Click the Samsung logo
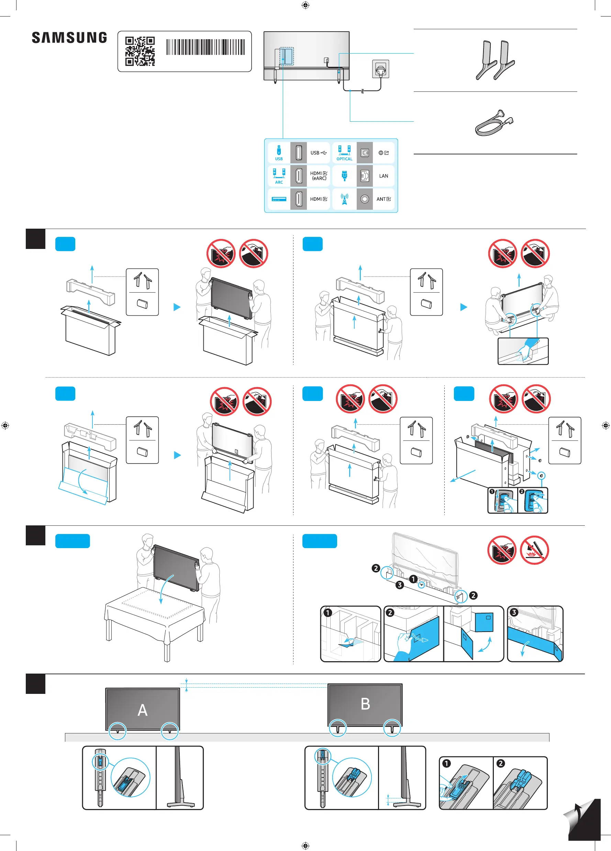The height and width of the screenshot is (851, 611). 69,37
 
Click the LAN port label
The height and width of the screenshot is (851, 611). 383,176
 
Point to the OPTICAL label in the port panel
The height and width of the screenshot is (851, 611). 344,159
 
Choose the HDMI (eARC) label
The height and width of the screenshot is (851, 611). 319,176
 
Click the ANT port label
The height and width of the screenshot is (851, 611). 383,199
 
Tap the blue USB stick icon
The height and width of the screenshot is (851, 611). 279,150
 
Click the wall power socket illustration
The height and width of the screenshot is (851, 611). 381,69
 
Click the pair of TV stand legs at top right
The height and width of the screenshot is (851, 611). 495,60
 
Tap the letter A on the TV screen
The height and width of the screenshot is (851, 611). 143,710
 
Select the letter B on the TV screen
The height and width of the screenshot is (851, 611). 365,704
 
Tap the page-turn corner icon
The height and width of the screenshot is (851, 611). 582,819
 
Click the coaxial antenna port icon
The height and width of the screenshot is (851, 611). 365,199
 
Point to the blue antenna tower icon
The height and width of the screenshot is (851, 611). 344,199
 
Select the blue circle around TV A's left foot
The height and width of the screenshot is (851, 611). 118,731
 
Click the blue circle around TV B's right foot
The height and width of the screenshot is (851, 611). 392,728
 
